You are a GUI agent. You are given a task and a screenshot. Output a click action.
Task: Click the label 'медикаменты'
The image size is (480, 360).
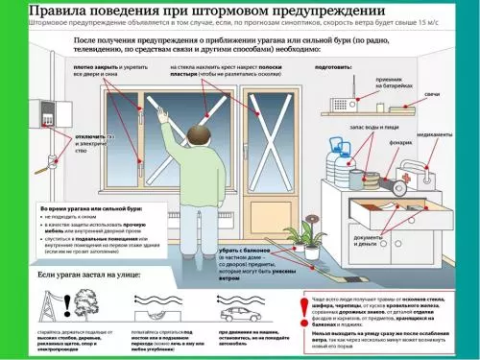click(431, 135)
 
